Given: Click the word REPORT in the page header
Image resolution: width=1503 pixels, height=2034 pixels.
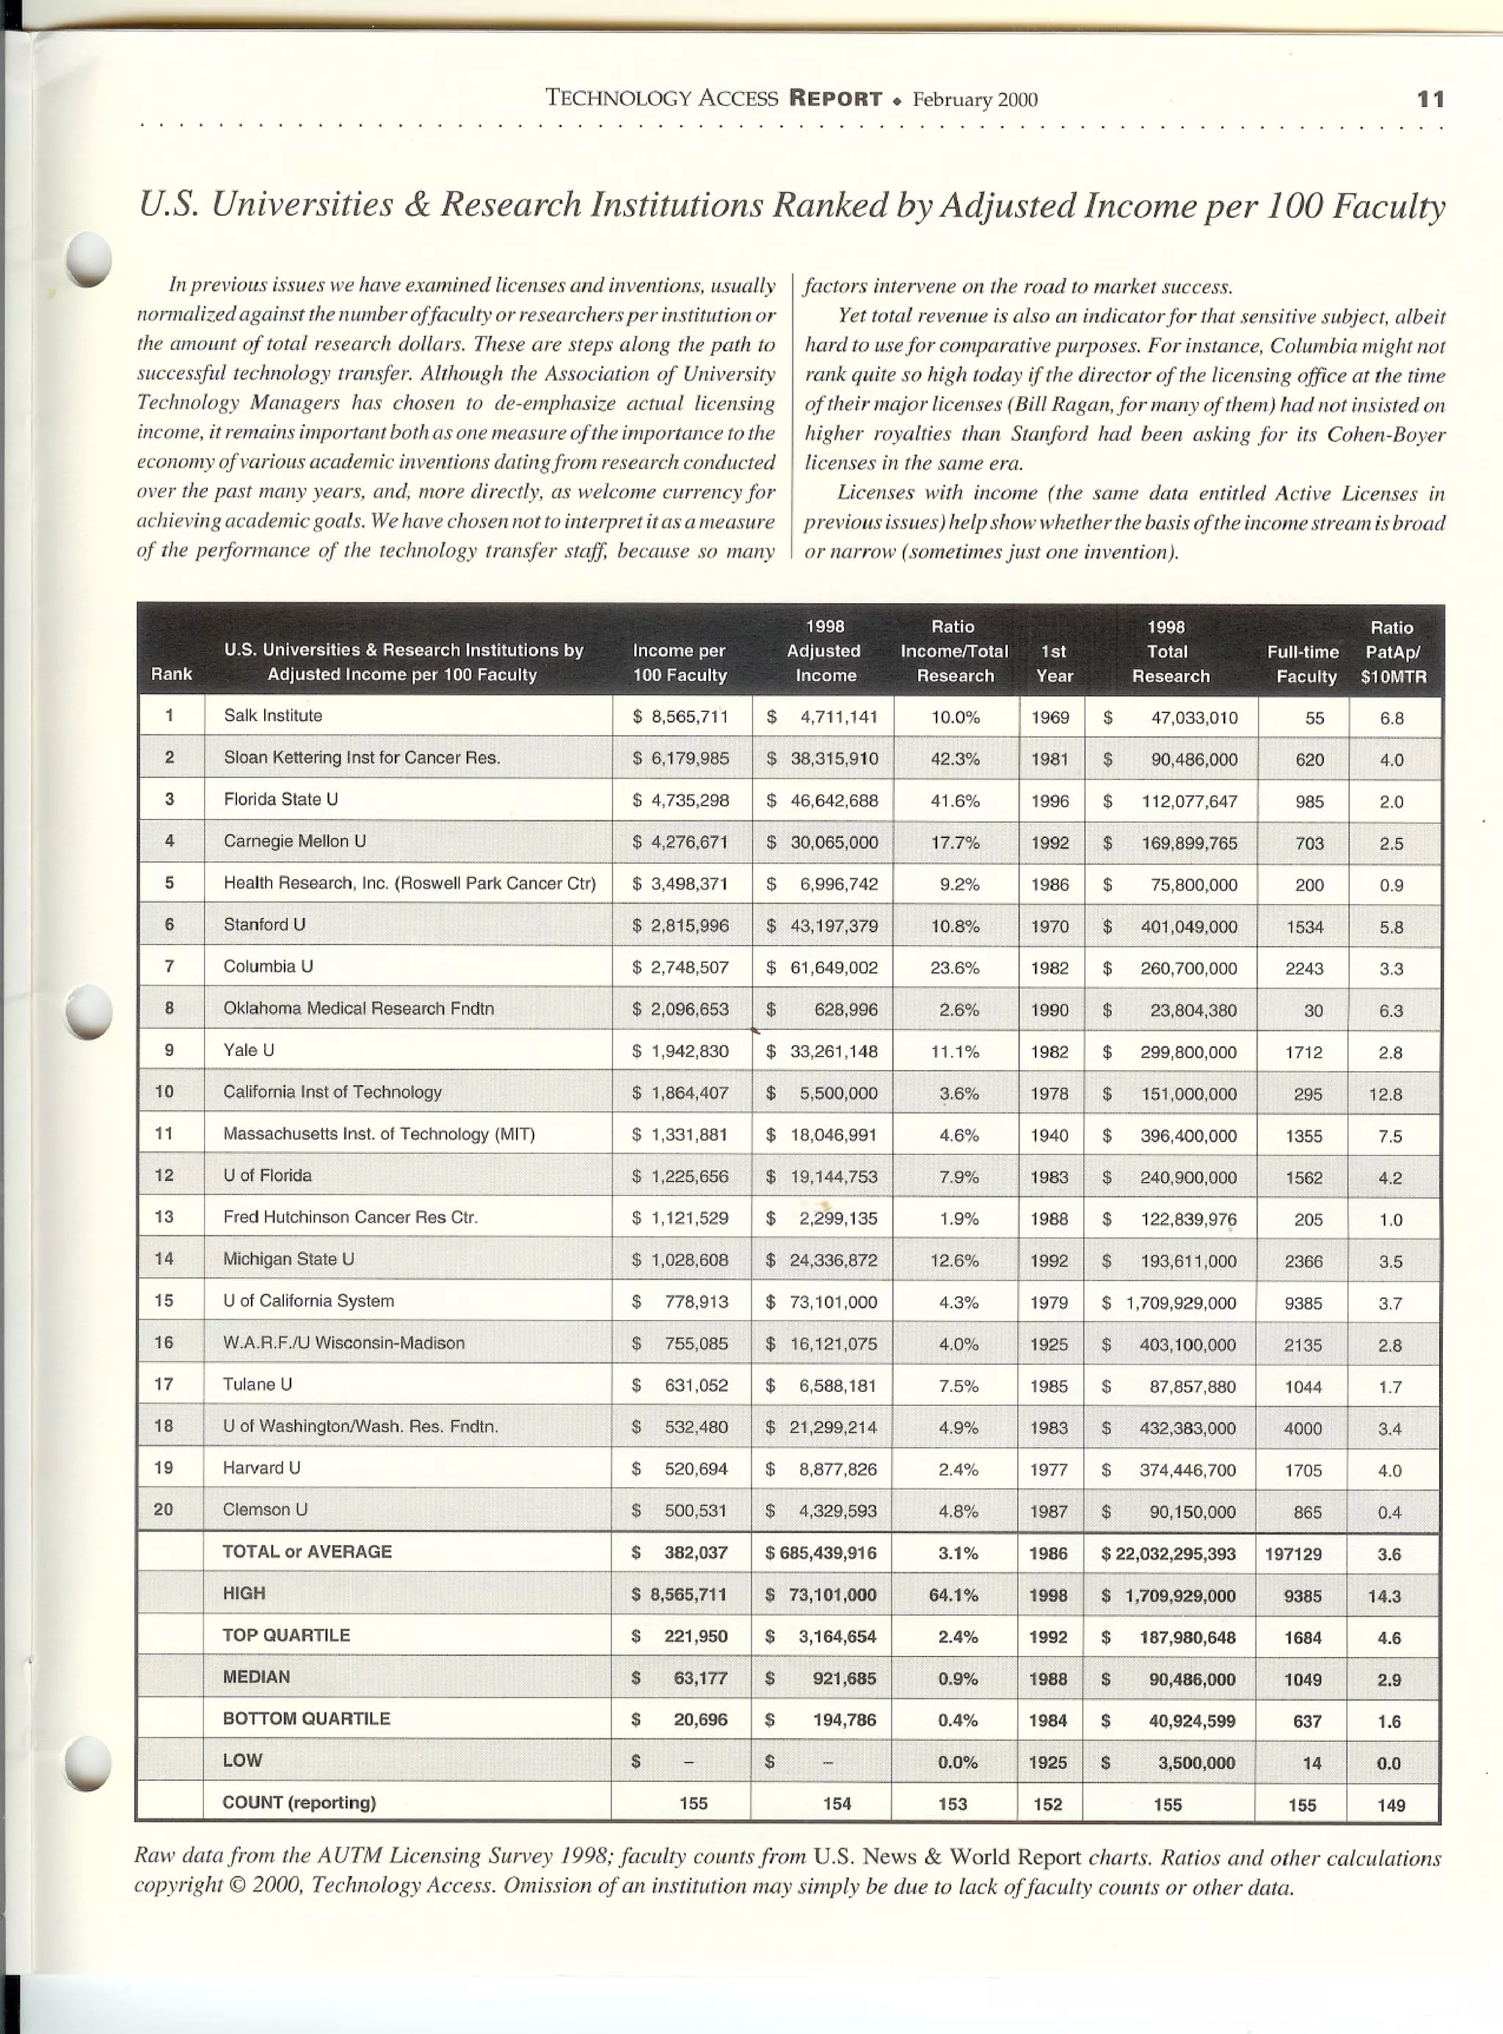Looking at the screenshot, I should (835, 98).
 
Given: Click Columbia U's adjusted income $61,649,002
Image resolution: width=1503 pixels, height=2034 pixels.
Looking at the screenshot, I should (823, 968).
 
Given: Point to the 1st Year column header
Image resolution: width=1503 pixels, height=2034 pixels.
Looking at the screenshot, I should (1054, 663).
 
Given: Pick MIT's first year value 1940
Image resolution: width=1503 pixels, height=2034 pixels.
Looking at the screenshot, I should (1050, 1135).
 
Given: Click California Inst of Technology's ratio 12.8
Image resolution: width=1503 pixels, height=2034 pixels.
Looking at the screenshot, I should (1386, 1094).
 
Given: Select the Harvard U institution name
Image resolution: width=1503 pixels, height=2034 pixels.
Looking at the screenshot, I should (261, 1468).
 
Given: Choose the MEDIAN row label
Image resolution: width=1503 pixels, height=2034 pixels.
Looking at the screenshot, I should (257, 1677).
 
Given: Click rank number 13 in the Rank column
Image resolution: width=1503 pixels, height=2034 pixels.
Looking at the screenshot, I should (164, 1217).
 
